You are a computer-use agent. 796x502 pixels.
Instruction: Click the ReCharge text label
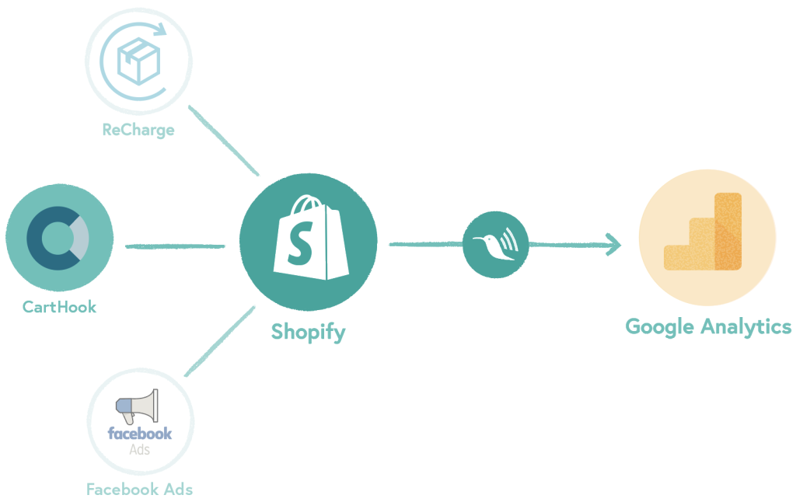coord(138,130)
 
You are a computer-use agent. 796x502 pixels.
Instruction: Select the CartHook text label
coord(59,307)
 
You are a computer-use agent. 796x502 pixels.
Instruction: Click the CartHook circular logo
coord(59,238)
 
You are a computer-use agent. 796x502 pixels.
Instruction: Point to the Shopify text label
coord(308,333)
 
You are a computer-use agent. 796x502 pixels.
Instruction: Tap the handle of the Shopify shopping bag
coord(306,204)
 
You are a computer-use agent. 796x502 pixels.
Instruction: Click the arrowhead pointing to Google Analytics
coord(614,246)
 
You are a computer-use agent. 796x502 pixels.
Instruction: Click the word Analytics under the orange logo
coord(747,326)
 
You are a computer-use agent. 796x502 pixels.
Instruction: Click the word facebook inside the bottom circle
coord(140,434)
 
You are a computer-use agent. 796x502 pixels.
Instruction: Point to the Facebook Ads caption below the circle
coord(139,490)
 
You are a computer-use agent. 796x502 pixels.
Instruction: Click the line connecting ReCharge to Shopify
coord(223,141)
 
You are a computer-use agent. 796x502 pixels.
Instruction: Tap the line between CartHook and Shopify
coord(175,247)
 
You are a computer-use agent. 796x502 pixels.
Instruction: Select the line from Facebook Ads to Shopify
coord(220,342)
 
